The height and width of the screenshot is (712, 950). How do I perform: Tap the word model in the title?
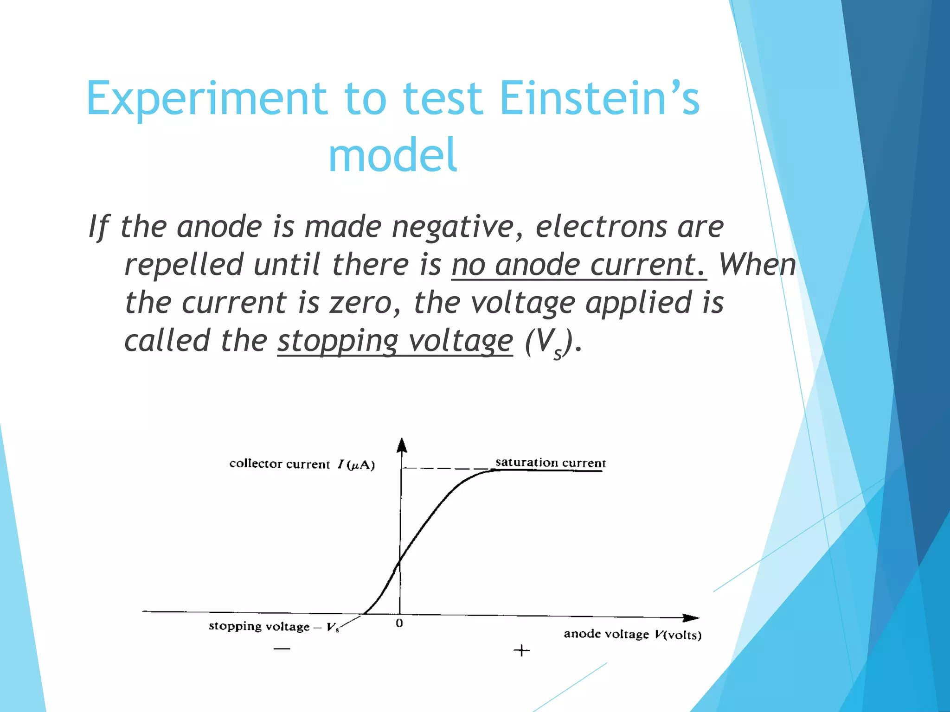pyautogui.click(x=393, y=155)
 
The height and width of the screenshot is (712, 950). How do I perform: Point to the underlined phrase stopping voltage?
pyautogui.click(x=395, y=341)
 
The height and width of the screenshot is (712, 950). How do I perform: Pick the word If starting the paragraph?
pyautogui.click(x=99, y=227)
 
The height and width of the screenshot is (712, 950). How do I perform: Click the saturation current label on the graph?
pyautogui.click(x=551, y=463)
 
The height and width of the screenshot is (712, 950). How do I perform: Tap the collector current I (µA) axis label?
pyautogui.click(x=302, y=464)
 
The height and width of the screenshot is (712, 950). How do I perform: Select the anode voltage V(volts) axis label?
pyautogui.click(x=632, y=634)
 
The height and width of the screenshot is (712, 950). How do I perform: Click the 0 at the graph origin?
pyautogui.click(x=399, y=623)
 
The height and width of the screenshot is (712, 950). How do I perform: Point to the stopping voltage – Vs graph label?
pyautogui.click(x=274, y=627)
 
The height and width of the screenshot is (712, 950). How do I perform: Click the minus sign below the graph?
pyautogui.click(x=282, y=648)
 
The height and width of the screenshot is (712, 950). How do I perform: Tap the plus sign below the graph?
pyautogui.click(x=521, y=650)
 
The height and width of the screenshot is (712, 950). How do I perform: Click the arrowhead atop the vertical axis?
pyautogui.click(x=402, y=445)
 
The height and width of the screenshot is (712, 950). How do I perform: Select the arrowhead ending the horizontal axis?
pyautogui.click(x=691, y=618)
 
